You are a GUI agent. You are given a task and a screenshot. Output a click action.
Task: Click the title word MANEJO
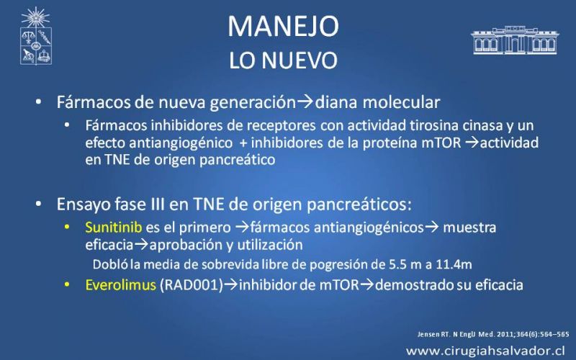coord(283,26)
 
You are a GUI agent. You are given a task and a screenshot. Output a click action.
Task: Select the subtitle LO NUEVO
coord(283,60)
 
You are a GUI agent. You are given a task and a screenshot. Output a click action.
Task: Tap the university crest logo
coord(35,36)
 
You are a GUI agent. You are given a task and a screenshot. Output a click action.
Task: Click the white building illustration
coord(515,40)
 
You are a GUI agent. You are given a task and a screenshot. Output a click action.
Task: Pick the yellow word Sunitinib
coord(114,228)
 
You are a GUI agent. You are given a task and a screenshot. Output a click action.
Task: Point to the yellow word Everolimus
coord(121,284)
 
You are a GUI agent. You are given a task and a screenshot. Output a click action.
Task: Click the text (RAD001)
coord(192,284)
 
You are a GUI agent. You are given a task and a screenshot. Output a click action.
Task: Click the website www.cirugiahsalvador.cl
coord(485,350)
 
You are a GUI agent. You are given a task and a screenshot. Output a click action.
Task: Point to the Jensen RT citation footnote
coord(493,334)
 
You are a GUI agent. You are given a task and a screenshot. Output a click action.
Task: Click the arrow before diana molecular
coord(305,102)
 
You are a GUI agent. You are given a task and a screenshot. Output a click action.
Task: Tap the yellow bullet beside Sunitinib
coord(67,227)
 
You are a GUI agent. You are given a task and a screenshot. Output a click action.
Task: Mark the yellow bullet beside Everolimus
coord(67,284)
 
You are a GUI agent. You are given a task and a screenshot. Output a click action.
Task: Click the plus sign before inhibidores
coord(243,143)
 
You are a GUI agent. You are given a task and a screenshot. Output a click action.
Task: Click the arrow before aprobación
coord(141,245)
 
